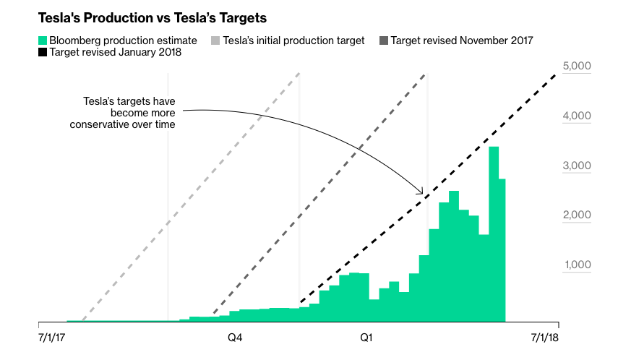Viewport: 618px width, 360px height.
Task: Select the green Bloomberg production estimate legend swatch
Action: [x=42, y=40]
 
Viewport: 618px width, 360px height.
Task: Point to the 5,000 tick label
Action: [x=577, y=67]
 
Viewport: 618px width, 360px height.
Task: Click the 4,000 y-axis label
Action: [x=577, y=116]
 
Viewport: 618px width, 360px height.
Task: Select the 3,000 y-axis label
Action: [x=577, y=166]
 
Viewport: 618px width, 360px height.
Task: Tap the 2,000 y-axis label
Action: [x=577, y=215]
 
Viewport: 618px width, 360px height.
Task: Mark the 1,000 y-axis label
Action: [x=577, y=265]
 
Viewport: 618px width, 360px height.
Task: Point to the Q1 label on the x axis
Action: [x=366, y=337]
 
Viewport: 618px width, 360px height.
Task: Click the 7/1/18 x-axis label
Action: [x=546, y=337]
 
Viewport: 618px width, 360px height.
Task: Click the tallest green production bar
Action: [x=494, y=231]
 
